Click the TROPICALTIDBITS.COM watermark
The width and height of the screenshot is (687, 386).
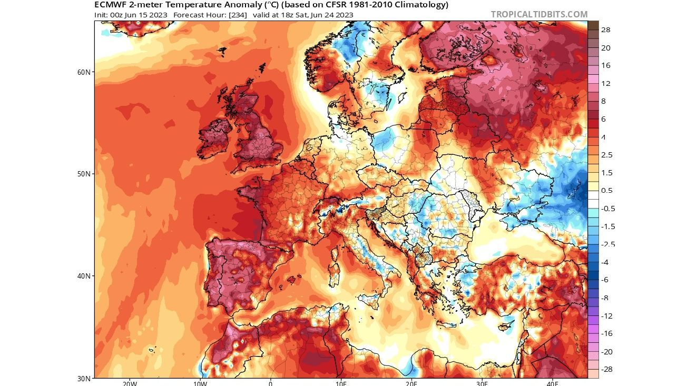click(x=539, y=15)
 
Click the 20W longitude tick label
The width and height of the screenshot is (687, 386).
click(x=130, y=383)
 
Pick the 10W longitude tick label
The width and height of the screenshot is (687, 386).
click(x=200, y=383)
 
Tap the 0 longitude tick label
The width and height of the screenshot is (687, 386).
click(x=270, y=383)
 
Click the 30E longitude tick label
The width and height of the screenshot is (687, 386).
click(x=482, y=383)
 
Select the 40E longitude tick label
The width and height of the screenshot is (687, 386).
click(x=552, y=383)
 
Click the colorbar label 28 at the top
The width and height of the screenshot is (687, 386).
click(x=606, y=30)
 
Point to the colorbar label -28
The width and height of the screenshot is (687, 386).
click(x=607, y=369)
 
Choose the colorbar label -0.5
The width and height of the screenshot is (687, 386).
click(x=608, y=209)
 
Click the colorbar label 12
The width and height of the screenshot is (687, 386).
click(x=606, y=84)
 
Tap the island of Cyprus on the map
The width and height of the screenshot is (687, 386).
click(x=506, y=326)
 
